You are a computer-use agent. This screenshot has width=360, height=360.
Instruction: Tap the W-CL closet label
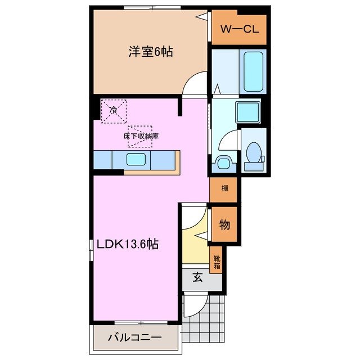238,29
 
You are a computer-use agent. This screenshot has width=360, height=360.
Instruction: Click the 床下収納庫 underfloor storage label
140,136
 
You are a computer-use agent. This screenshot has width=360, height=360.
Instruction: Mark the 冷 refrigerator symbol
114,110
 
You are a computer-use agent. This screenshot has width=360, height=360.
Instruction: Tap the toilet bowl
254,153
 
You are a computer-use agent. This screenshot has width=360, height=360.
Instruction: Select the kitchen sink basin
137,160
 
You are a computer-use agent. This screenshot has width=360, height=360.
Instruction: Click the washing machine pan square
247,112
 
